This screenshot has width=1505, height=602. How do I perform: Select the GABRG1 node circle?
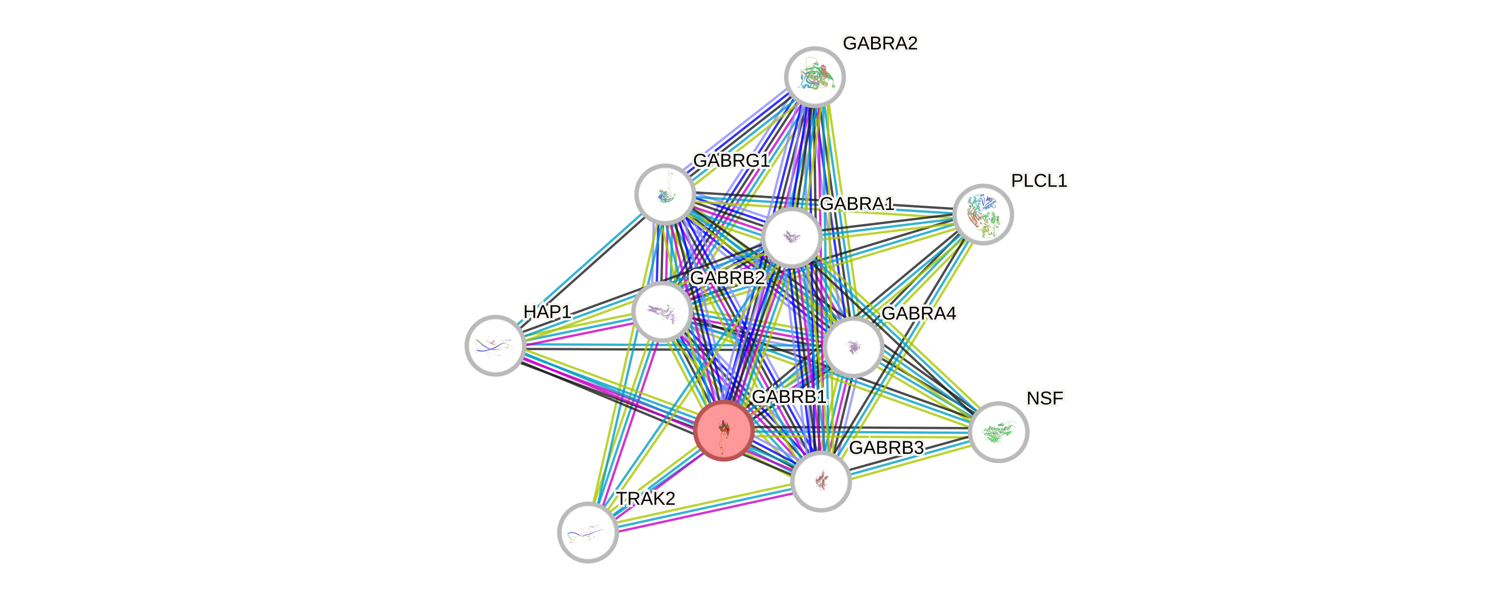[665, 194]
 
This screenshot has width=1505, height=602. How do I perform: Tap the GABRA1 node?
[792, 237]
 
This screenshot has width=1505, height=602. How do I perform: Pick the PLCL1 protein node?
[983, 214]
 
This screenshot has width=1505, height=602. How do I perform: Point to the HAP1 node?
[495, 345]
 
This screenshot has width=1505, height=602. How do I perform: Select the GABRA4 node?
[853, 347]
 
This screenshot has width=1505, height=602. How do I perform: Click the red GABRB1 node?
[723, 431]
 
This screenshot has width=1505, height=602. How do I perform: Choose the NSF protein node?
[998, 432]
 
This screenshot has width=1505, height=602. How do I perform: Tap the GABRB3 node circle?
[821, 481]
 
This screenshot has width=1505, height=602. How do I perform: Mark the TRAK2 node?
[588, 532]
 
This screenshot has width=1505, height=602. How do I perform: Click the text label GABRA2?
[880, 43]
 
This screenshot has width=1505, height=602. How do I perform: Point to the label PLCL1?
[1039, 181]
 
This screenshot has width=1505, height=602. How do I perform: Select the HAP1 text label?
[547, 312]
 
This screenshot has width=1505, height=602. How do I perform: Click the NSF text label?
[1045, 398]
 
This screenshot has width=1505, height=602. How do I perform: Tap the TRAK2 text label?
[646, 499]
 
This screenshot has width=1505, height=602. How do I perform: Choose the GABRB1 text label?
[789, 396]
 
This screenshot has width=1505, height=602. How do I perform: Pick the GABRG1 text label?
[731, 160]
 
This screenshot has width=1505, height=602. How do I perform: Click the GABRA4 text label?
[918, 314]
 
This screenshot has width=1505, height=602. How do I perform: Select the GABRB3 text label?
[886, 448]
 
